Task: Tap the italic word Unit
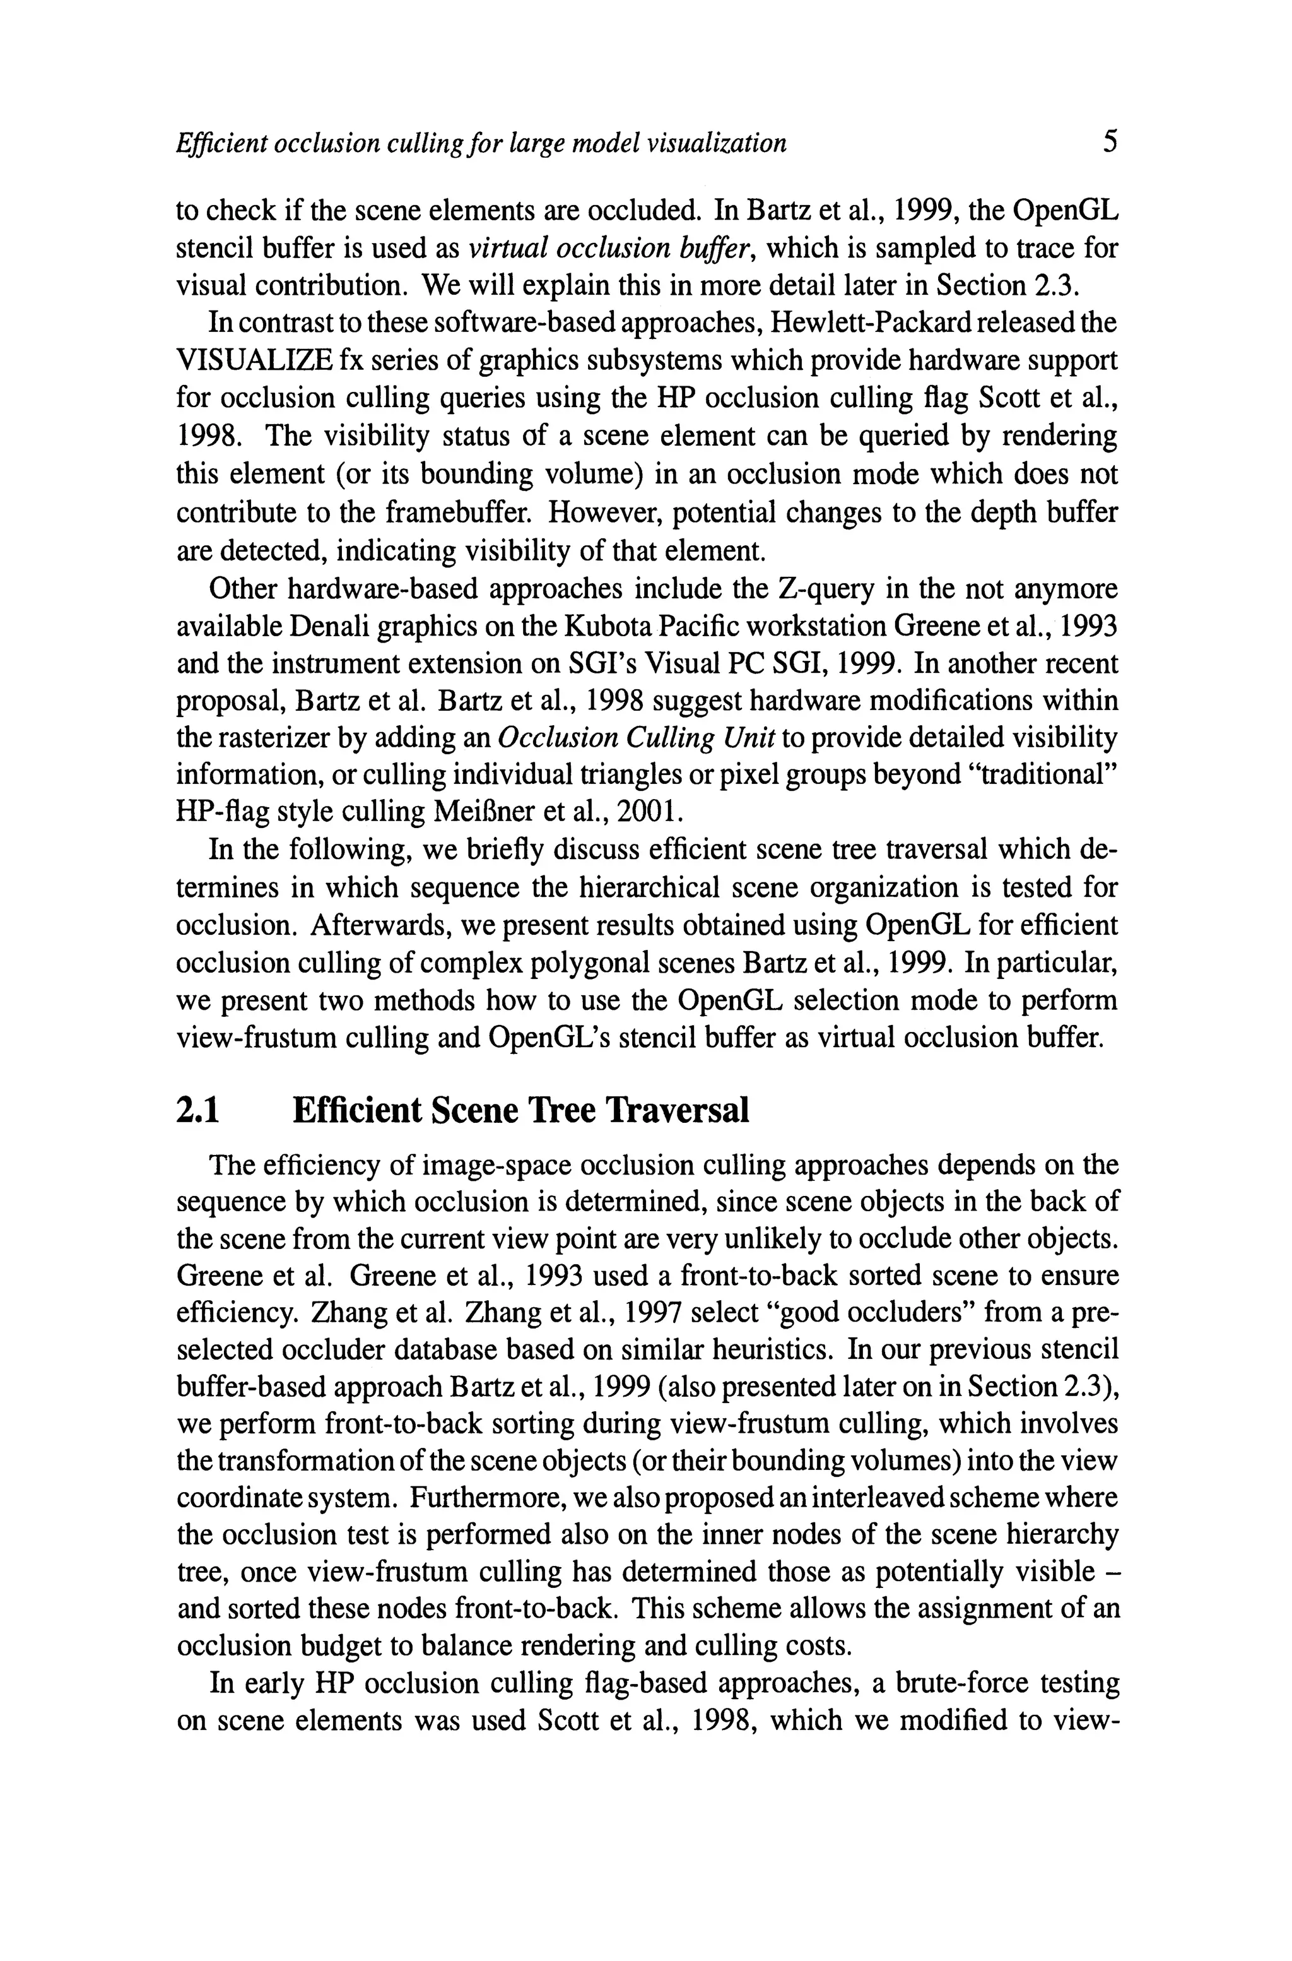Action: click(748, 738)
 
